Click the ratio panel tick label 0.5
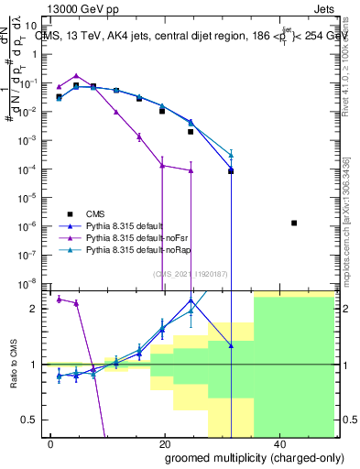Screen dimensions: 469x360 pyautogui.click(x=34, y=420)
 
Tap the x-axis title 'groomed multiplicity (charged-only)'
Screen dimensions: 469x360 pyautogui.click(x=241, y=458)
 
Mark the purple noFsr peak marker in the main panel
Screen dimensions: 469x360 pyautogui.click(x=76, y=76)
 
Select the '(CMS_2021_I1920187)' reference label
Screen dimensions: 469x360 pyautogui.click(x=191, y=272)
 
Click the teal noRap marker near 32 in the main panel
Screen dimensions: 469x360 pyautogui.click(x=231, y=155)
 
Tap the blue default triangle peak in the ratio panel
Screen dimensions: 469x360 pyautogui.click(x=190, y=300)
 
